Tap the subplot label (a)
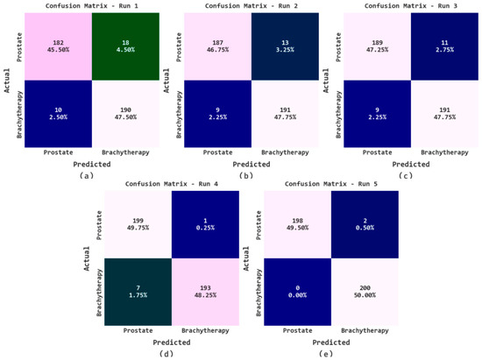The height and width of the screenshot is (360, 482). (x=85, y=175)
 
